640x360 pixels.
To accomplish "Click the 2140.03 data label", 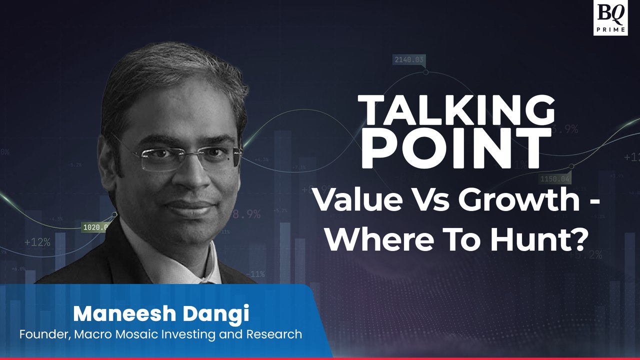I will coord(409,60).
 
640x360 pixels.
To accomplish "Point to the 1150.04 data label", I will coord(554,178).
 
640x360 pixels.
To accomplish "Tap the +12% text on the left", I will coord(37,242).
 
